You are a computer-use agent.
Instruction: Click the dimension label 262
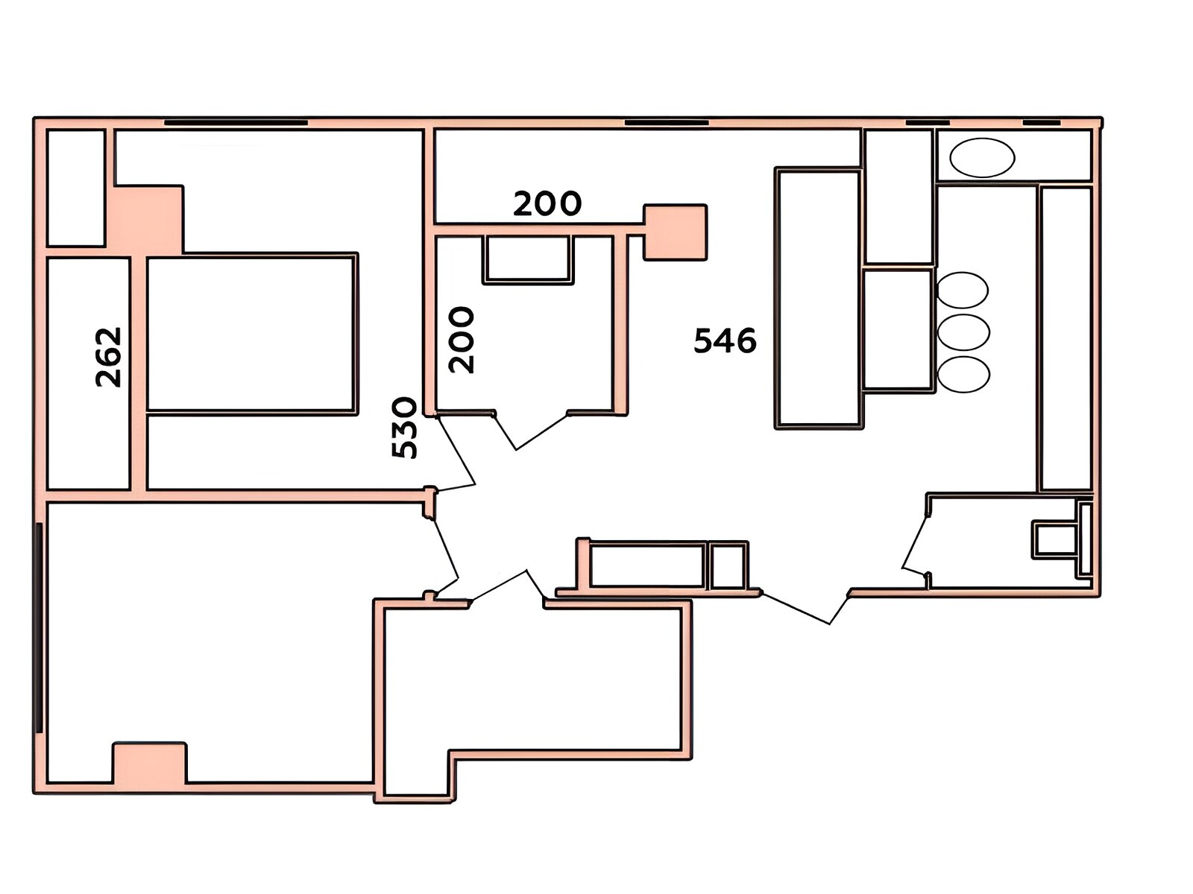click(x=108, y=357)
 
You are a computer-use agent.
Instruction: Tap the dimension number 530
click(x=404, y=428)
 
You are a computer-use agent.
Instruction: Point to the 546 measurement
click(x=725, y=341)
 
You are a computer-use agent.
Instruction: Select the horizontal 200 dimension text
click(x=547, y=203)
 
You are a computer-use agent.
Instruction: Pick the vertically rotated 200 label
click(x=461, y=340)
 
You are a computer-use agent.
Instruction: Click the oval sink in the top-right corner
click(x=981, y=157)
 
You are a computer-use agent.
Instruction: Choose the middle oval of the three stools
click(x=963, y=332)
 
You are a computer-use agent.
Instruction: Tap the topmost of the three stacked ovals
click(x=962, y=290)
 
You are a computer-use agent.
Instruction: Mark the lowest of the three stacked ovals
click(x=963, y=375)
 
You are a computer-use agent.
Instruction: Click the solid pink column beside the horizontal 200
click(x=676, y=232)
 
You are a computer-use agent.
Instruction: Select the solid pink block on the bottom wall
click(x=149, y=763)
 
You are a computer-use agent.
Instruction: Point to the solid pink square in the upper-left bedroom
click(x=147, y=220)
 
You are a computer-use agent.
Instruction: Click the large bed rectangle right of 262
click(x=252, y=333)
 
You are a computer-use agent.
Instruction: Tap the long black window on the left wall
click(x=39, y=628)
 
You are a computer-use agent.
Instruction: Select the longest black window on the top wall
click(x=236, y=123)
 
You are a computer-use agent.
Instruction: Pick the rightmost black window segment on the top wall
click(x=1042, y=123)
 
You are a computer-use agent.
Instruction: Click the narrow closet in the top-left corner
click(x=75, y=188)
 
